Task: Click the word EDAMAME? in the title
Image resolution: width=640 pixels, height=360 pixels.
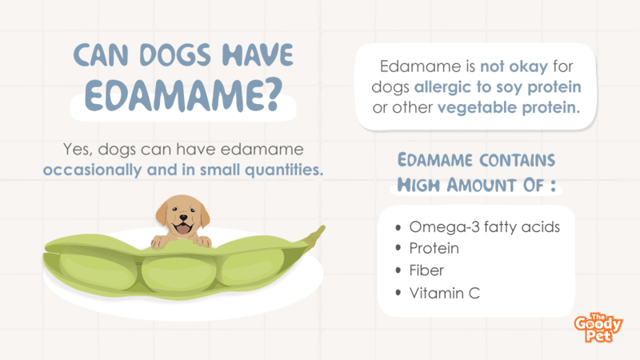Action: [x=183, y=95]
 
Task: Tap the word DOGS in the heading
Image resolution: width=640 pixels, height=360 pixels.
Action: [x=175, y=54]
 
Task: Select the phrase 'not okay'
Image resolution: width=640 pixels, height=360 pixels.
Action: [x=514, y=66]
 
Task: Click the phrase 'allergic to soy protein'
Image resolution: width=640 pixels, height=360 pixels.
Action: [x=498, y=87]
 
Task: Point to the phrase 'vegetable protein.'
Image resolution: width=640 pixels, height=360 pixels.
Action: [x=509, y=107]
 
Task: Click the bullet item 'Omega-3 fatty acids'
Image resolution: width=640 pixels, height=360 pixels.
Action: [x=485, y=226]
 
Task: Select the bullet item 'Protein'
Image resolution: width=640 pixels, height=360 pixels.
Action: [x=434, y=248]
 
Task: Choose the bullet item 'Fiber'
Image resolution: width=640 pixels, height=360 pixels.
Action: [x=426, y=270]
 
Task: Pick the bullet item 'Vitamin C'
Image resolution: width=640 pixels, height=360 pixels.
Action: [x=445, y=293]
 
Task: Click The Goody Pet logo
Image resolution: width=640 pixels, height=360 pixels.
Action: [x=598, y=327]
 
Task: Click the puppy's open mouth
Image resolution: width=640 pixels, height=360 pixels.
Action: [x=182, y=229]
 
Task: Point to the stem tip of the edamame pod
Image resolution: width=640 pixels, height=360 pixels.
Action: [x=324, y=227]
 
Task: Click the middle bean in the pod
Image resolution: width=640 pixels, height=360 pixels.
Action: [x=179, y=274]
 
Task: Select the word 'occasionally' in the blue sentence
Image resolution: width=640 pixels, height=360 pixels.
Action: [x=92, y=170]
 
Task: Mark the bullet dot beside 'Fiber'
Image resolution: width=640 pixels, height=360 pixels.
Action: [x=398, y=270]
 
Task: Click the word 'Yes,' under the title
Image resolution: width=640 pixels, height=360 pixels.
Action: [x=78, y=150]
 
